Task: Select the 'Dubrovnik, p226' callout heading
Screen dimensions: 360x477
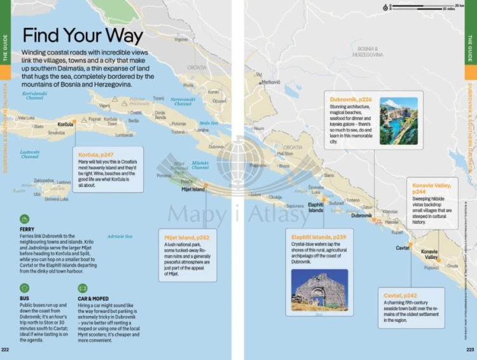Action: pos(350,99)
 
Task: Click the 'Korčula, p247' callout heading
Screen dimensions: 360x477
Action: pos(95,155)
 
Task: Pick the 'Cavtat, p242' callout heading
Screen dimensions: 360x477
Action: pos(401,296)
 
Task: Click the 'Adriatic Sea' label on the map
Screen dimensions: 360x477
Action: pos(120,236)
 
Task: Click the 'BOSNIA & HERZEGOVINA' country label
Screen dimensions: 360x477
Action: pos(369,52)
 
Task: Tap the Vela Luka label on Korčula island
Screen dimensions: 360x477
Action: pos(25,118)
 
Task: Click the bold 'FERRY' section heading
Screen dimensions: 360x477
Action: pos(27,229)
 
